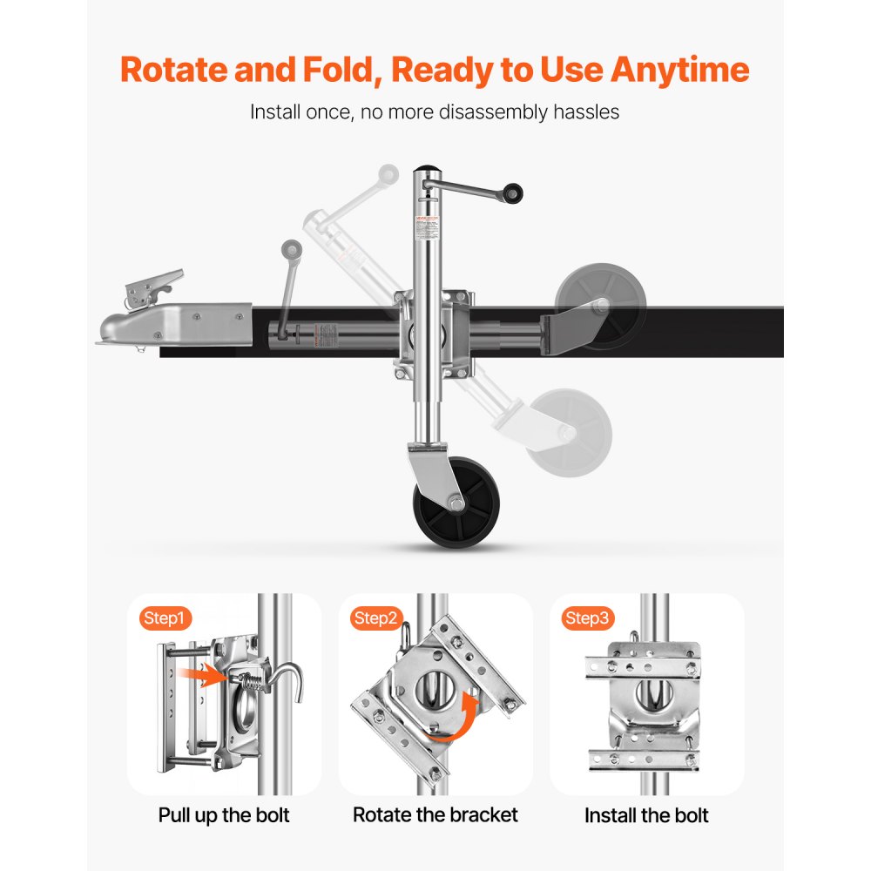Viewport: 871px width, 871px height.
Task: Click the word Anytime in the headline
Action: [679, 69]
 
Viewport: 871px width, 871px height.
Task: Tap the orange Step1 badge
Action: [165, 618]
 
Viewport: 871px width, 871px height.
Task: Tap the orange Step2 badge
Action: [376, 618]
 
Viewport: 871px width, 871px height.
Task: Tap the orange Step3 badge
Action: [587, 618]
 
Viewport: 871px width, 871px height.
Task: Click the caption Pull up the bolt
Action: [224, 815]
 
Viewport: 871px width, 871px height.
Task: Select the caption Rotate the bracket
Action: [435, 815]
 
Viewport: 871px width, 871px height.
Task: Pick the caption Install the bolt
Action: [646, 815]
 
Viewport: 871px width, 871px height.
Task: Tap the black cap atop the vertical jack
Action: [426, 171]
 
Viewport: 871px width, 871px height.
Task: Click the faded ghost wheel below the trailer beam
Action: [571, 431]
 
